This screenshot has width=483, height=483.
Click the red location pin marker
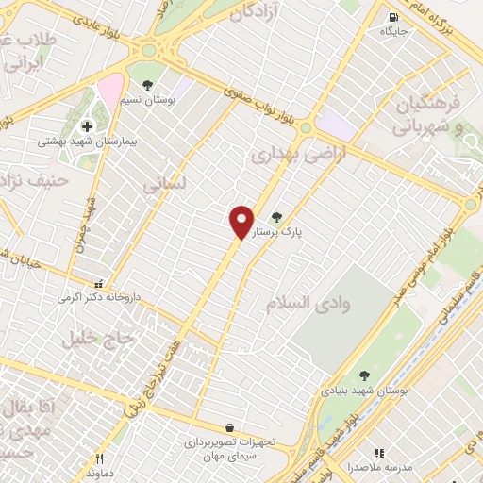(x=241, y=223)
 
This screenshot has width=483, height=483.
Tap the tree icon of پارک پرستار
(x=276, y=217)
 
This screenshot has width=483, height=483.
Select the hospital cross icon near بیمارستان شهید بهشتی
(x=87, y=125)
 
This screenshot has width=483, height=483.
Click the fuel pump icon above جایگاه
(x=391, y=17)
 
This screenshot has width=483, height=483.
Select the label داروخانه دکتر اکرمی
(x=99, y=297)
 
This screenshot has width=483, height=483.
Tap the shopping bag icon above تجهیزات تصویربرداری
(x=230, y=427)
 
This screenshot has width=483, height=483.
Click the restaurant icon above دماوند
(x=100, y=458)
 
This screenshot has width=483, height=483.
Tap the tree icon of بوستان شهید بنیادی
(x=364, y=375)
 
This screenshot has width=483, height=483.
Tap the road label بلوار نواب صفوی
(x=266, y=105)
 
